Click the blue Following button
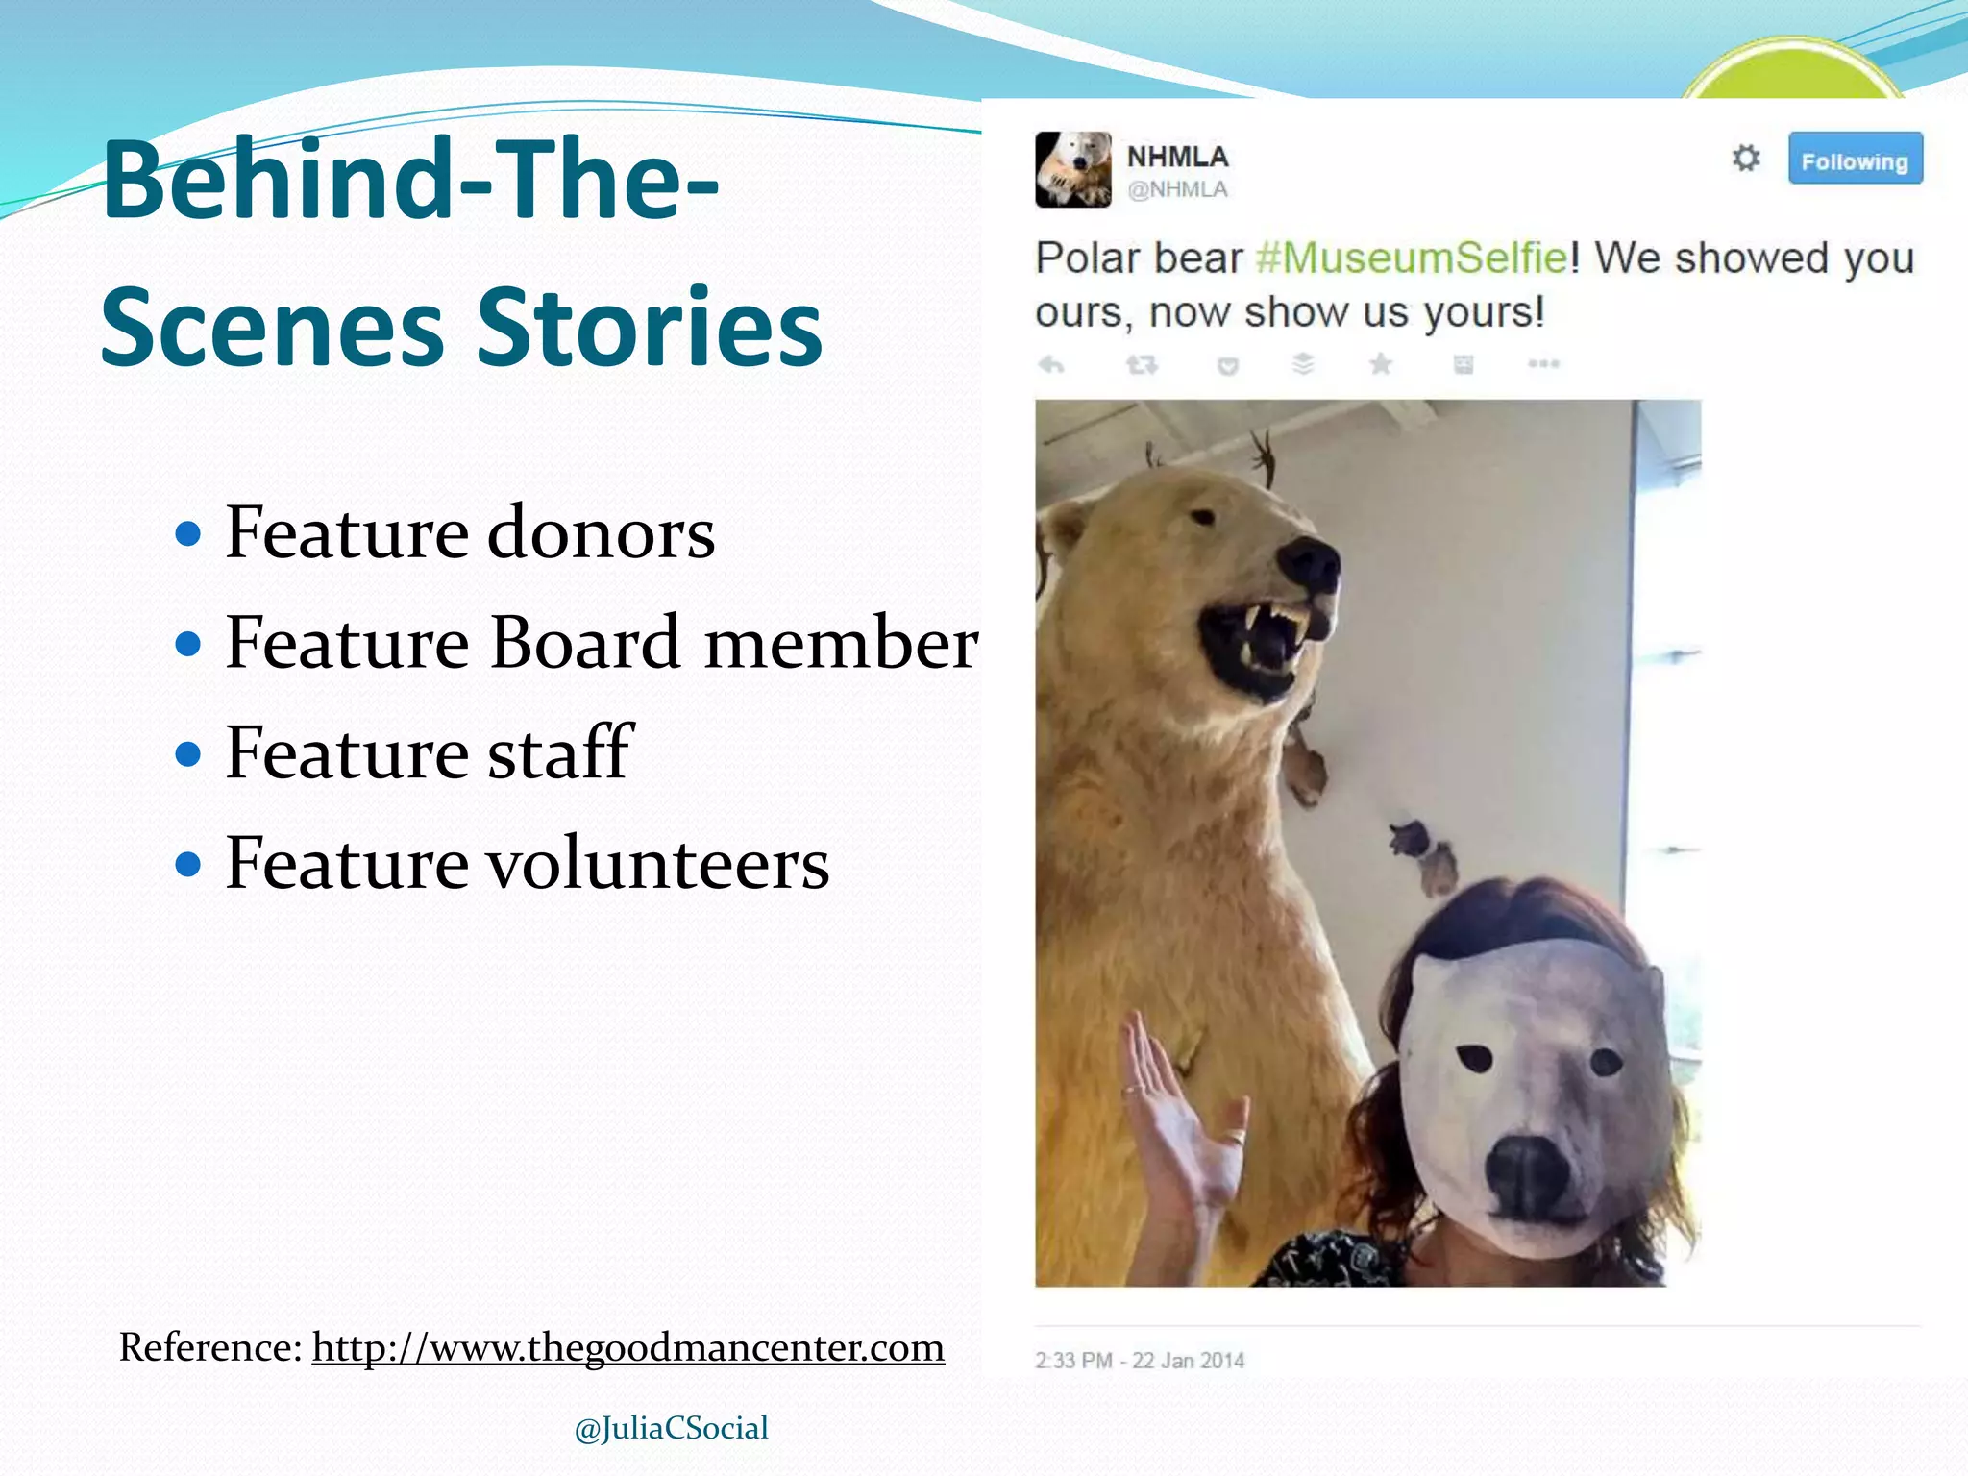(x=1855, y=160)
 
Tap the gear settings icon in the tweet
(x=1745, y=158)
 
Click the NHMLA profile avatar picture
(x=1072, y=170)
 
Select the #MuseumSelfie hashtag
(x=1412, y=258)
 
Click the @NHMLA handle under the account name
(x=1178, y=189)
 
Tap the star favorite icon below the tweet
(x=1381, y=364)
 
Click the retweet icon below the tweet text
(x=1142, y=364)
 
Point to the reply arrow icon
(x=1052, y=364)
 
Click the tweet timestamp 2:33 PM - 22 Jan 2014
(x=1140, y=1361)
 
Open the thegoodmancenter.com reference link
(x=628, y=1347)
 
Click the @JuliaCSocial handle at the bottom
(x=672, y=1428)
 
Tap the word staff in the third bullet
(x=560, y=752)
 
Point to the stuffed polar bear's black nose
(x=1308, y=564)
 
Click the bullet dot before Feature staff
(x=189, y=754)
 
